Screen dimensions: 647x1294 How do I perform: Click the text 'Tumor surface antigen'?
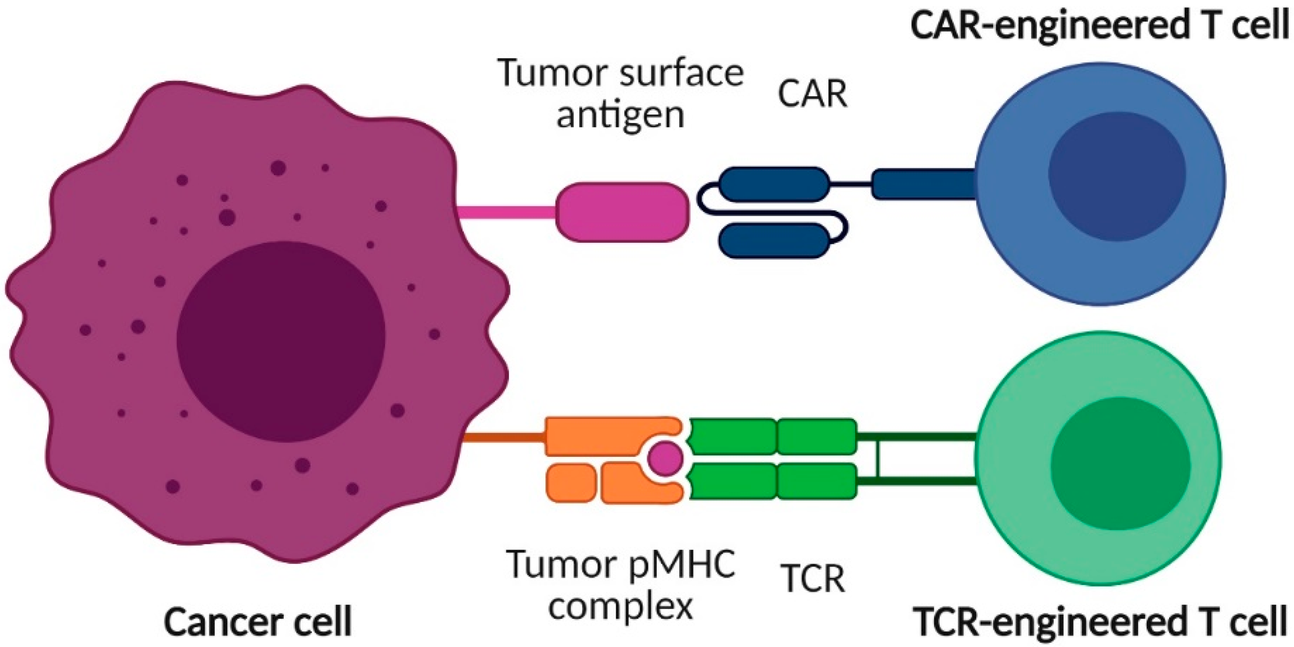[621, 94]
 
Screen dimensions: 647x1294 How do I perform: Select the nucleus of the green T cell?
[1120, 463]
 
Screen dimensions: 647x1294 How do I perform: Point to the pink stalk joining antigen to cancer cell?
[507, 214]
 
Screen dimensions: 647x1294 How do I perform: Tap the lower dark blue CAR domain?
[773, 240]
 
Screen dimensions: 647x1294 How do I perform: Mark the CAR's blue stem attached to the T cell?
[924, 184]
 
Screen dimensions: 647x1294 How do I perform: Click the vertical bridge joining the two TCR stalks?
[877, 459]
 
